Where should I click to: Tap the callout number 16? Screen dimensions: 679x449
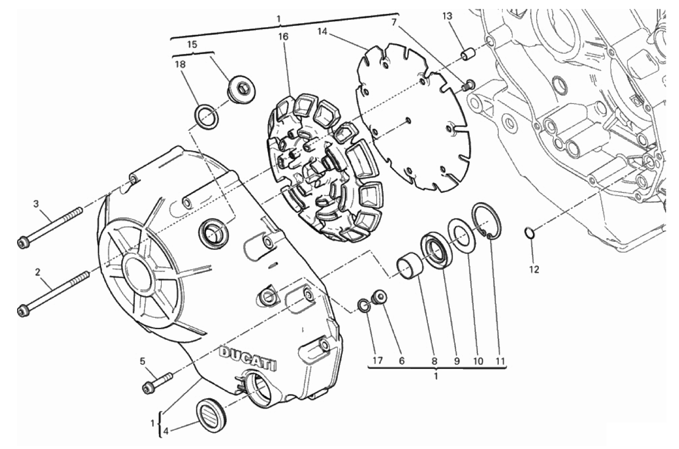pyautogui.click(x=283, y=37)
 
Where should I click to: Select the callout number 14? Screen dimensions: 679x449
pyautogui.click(x=323, y=31)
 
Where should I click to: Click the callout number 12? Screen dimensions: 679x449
pyautogui.click(x=534, y=269)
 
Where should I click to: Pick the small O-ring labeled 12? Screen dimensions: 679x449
pyautogui.click(x=529, y=234)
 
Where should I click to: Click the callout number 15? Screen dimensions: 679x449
pyautogui.click(x=192, y=44)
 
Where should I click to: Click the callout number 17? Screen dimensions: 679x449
pyautogui.click(x=377, y=361)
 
